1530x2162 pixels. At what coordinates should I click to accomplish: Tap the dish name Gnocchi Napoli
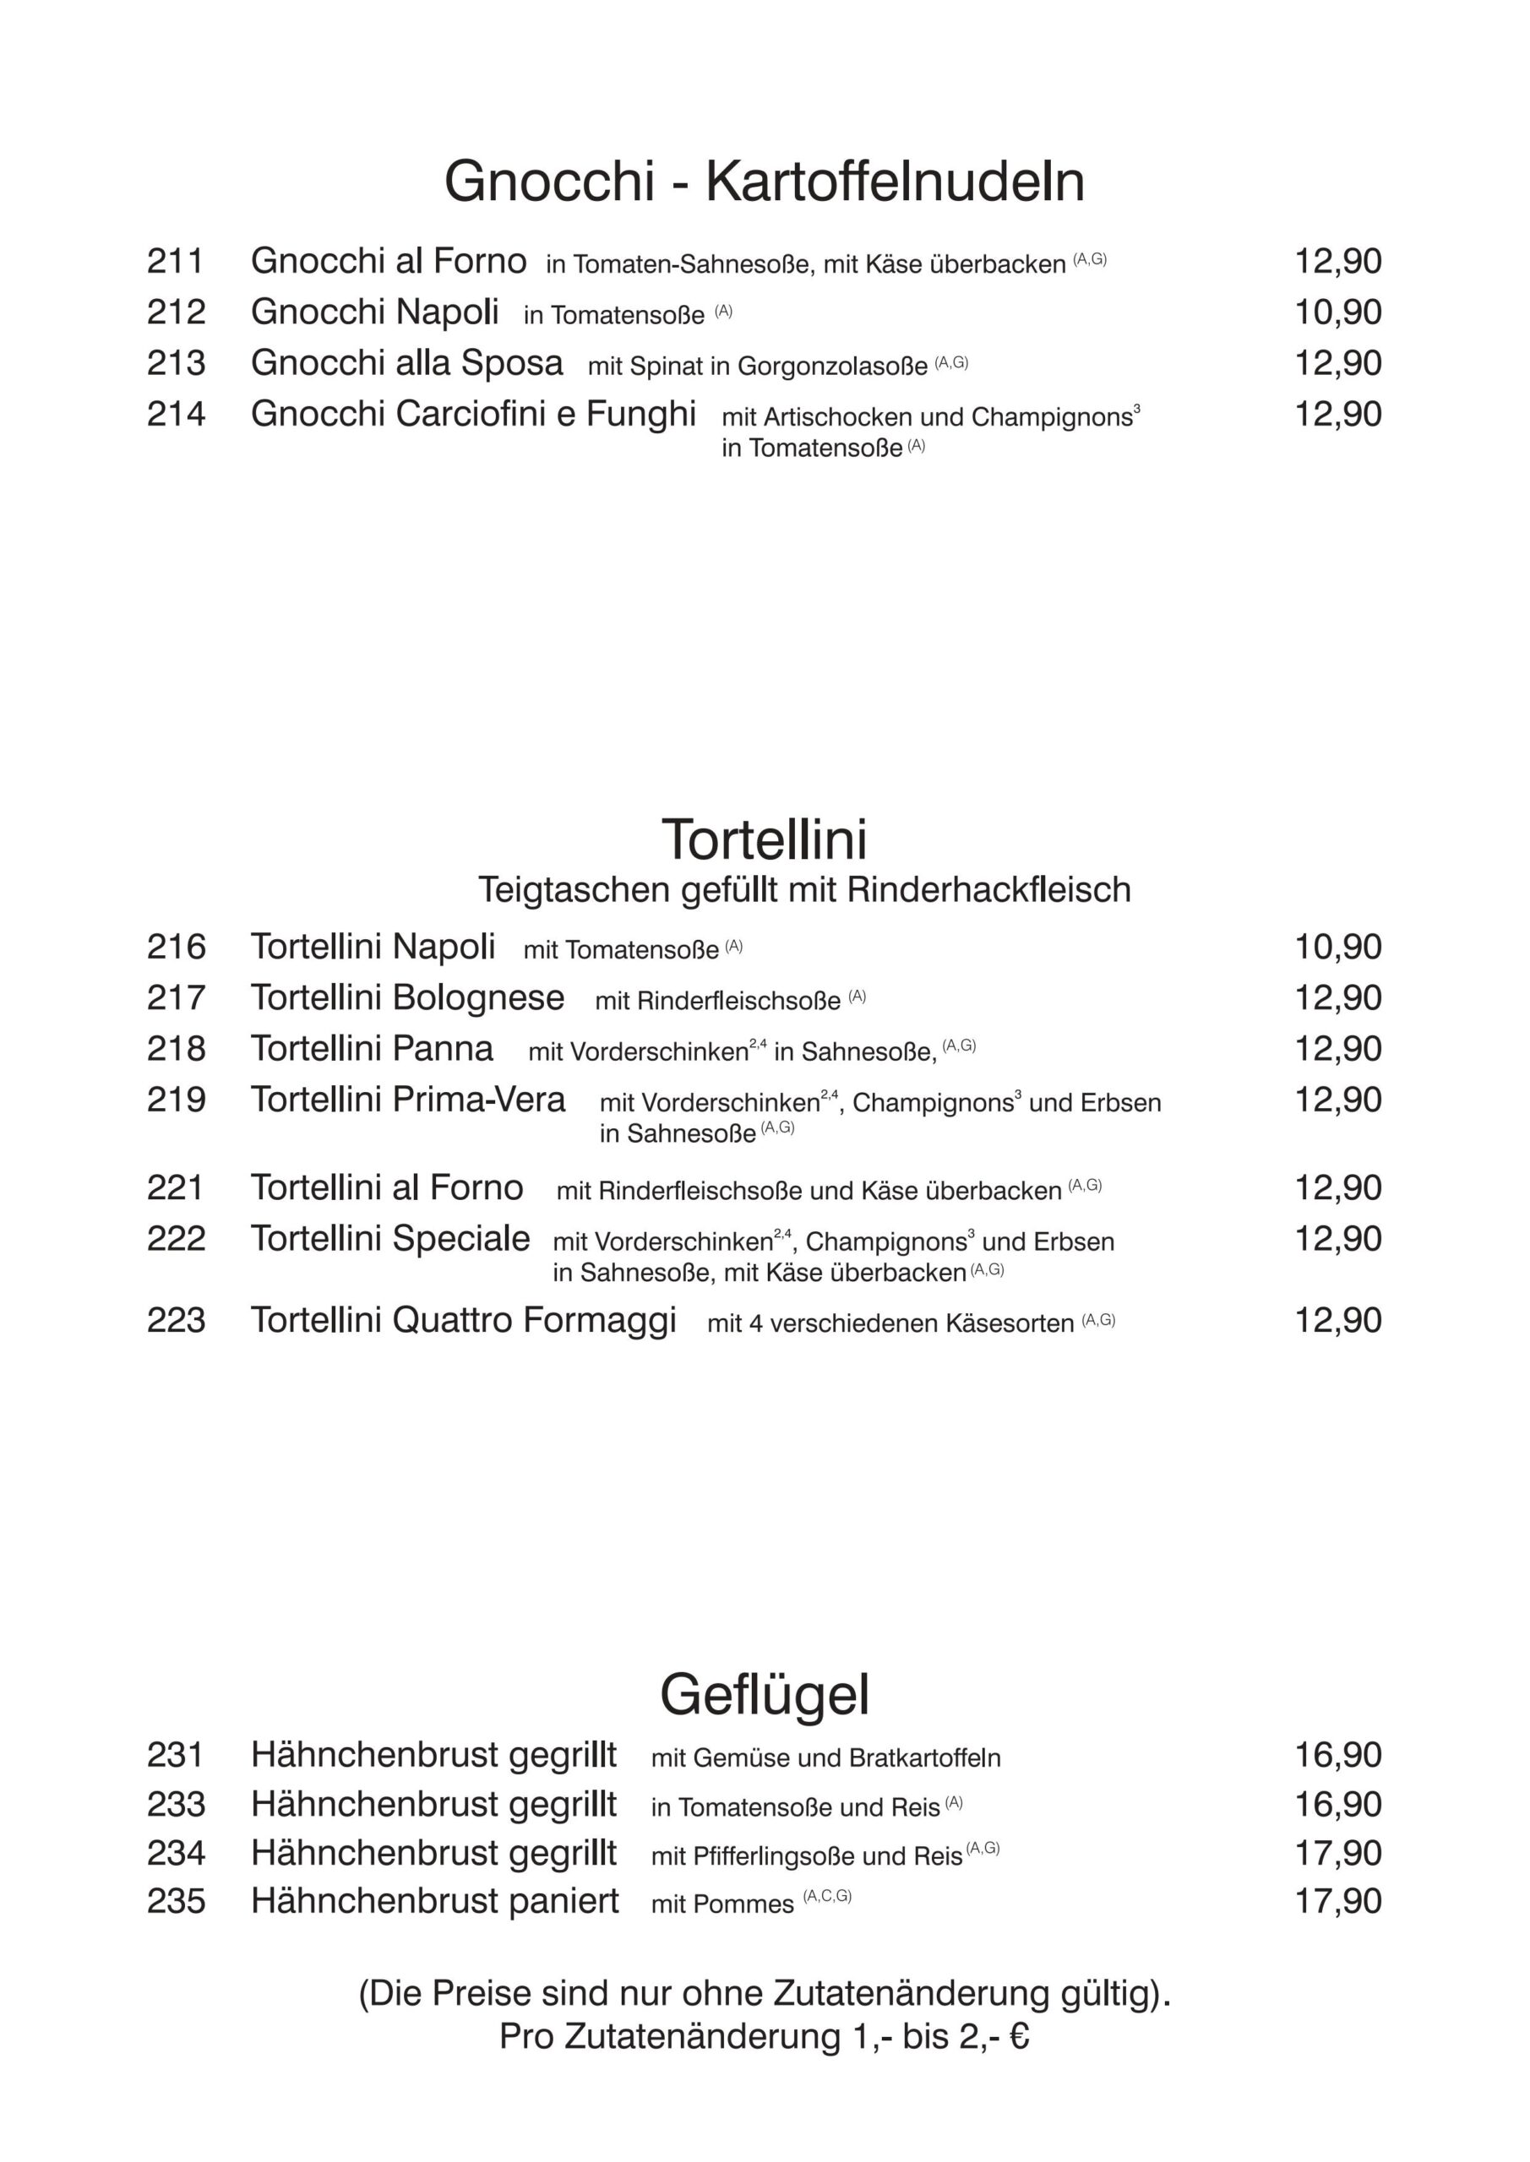coord(374,312)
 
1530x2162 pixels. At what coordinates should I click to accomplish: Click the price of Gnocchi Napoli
coord(1338,312)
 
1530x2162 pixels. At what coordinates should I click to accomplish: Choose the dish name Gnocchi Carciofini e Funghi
coord(473,413)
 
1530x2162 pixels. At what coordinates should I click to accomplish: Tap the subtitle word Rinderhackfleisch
coord(988,890)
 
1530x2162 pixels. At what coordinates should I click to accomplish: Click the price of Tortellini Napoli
coord(1338,947)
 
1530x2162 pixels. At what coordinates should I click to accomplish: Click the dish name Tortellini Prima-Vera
coord(407,1099)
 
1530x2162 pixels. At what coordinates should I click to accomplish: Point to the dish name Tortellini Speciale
coord(390,1238)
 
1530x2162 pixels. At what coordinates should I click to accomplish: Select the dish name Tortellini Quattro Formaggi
coord(464,1320)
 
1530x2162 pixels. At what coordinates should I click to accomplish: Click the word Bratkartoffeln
coord(924,1758)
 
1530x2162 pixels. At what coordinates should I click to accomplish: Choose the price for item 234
coord(1338,1852)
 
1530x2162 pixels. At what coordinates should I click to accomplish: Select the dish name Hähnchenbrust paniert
coord(434,1900)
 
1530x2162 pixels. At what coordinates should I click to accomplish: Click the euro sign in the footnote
coord(1018,2036)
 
